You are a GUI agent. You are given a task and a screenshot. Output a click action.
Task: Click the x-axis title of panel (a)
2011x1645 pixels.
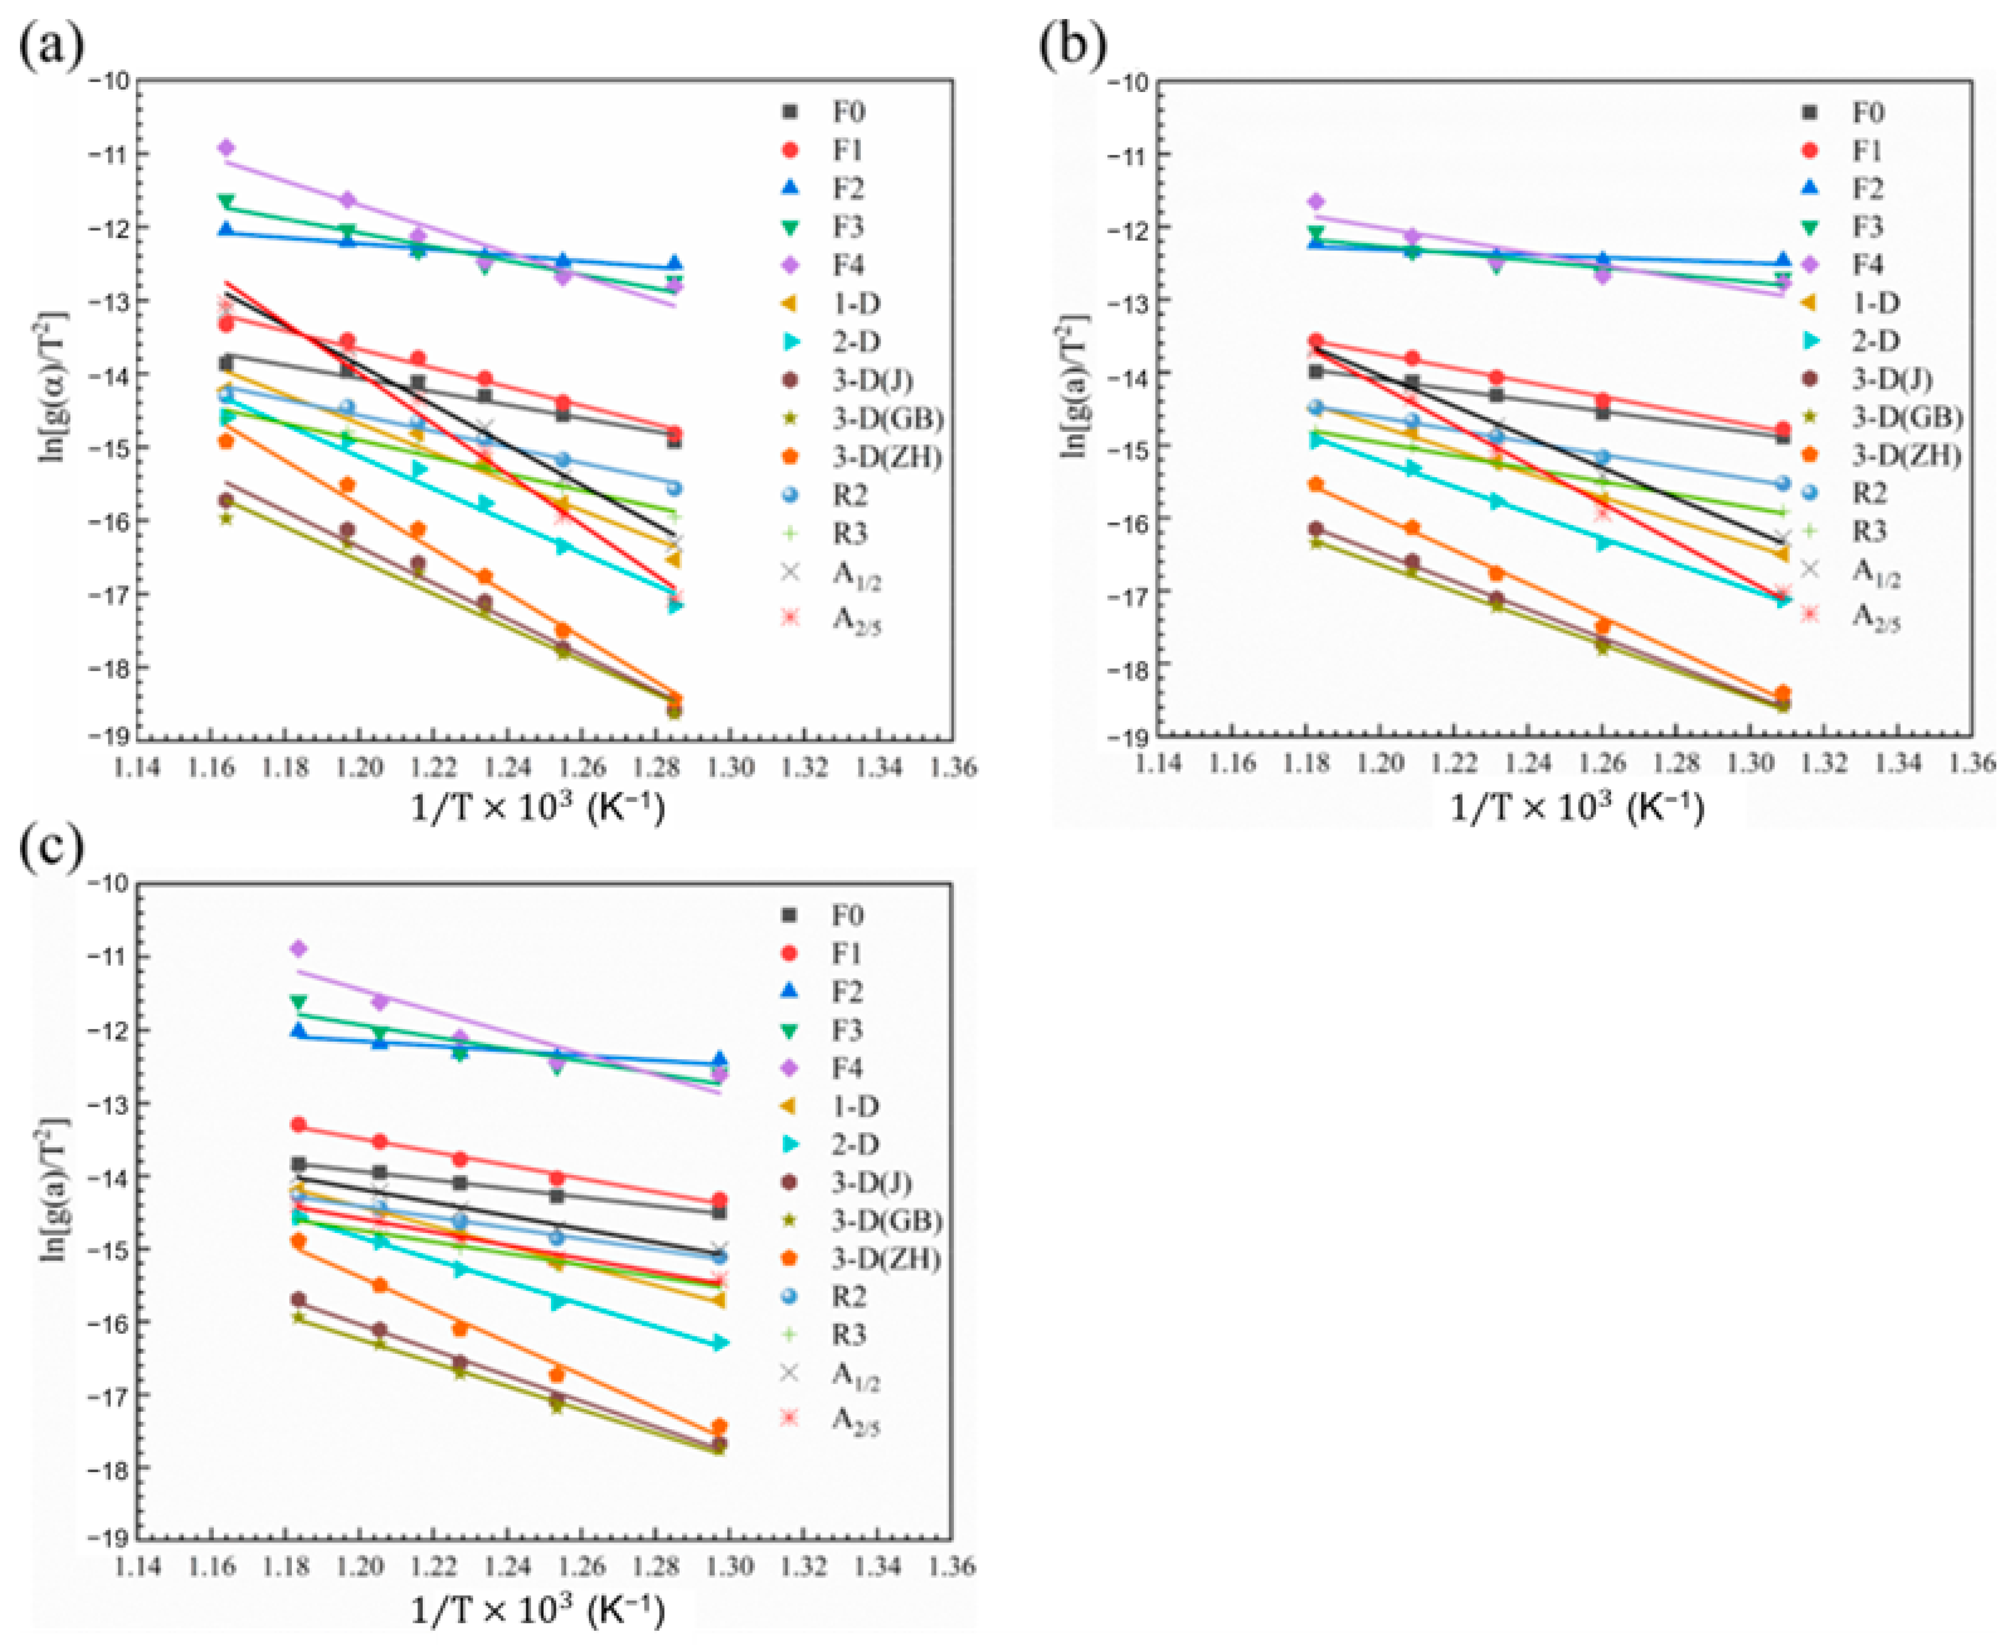point(537,807)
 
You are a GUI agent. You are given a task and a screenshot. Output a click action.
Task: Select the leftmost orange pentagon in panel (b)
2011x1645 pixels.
point(1315,484)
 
